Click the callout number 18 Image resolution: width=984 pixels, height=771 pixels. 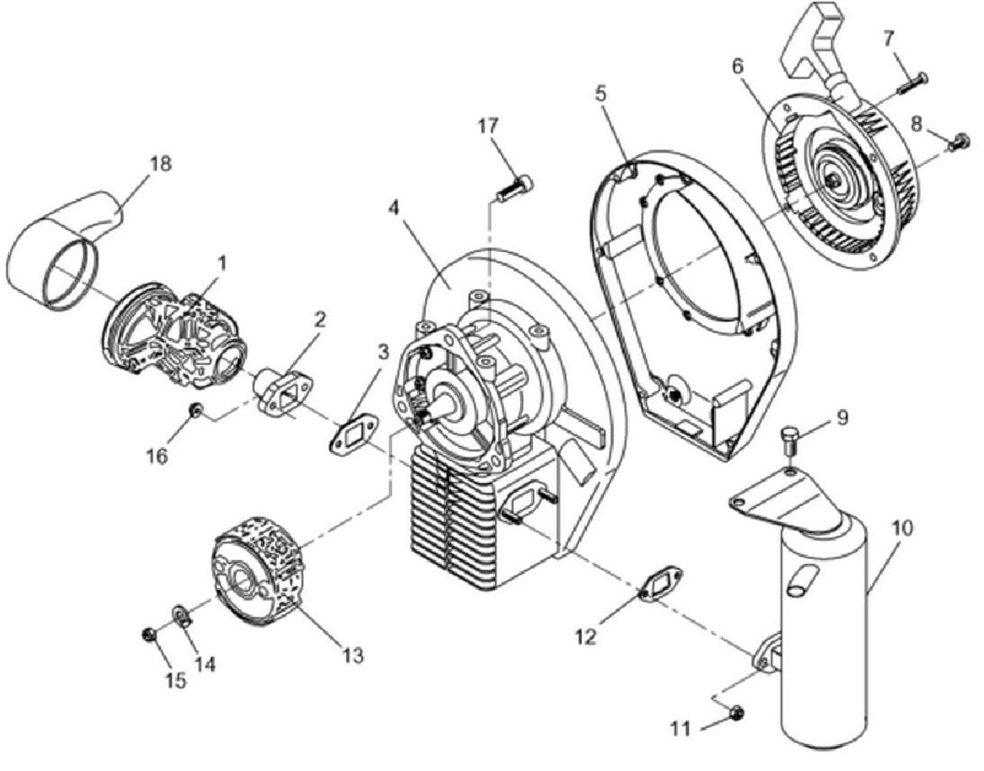[x=161, y=164]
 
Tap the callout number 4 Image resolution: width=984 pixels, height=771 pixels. [x=394, y=208]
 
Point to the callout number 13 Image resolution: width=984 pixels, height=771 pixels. [x=353, y=655]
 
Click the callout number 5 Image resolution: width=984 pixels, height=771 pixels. [x=601, y=94]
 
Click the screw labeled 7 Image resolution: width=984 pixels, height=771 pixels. [x=914, y=83]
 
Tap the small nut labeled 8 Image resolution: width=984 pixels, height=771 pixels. [x=958, y=142]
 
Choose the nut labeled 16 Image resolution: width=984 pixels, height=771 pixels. [x=196, y=410]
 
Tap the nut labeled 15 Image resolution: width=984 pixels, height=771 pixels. [x=150, y=635]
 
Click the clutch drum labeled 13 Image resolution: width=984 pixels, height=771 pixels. [x=259, y=571]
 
